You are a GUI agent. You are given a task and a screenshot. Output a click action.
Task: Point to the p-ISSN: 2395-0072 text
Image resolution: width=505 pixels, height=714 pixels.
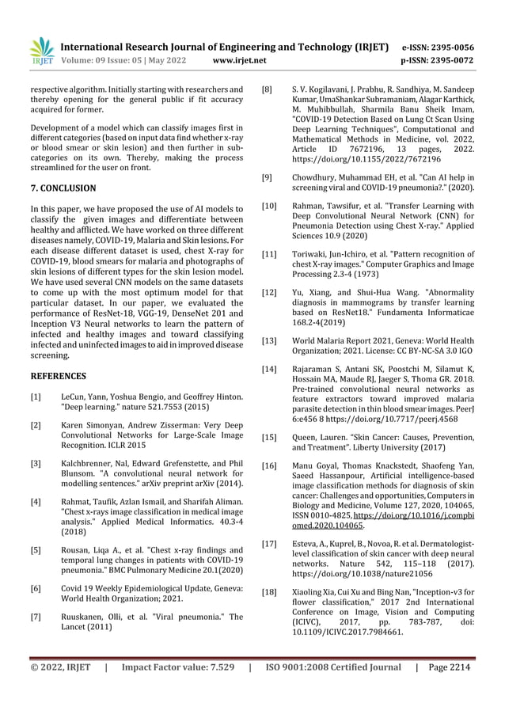coord(439,59)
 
